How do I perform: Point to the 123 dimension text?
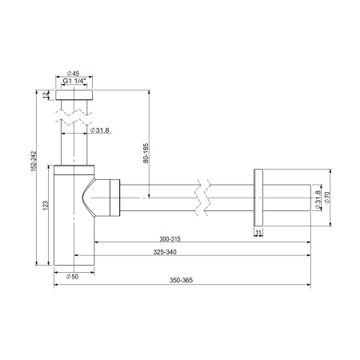47,206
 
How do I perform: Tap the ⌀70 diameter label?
328,198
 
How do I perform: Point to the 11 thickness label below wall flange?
258,233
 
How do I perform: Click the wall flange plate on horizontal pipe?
258,197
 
